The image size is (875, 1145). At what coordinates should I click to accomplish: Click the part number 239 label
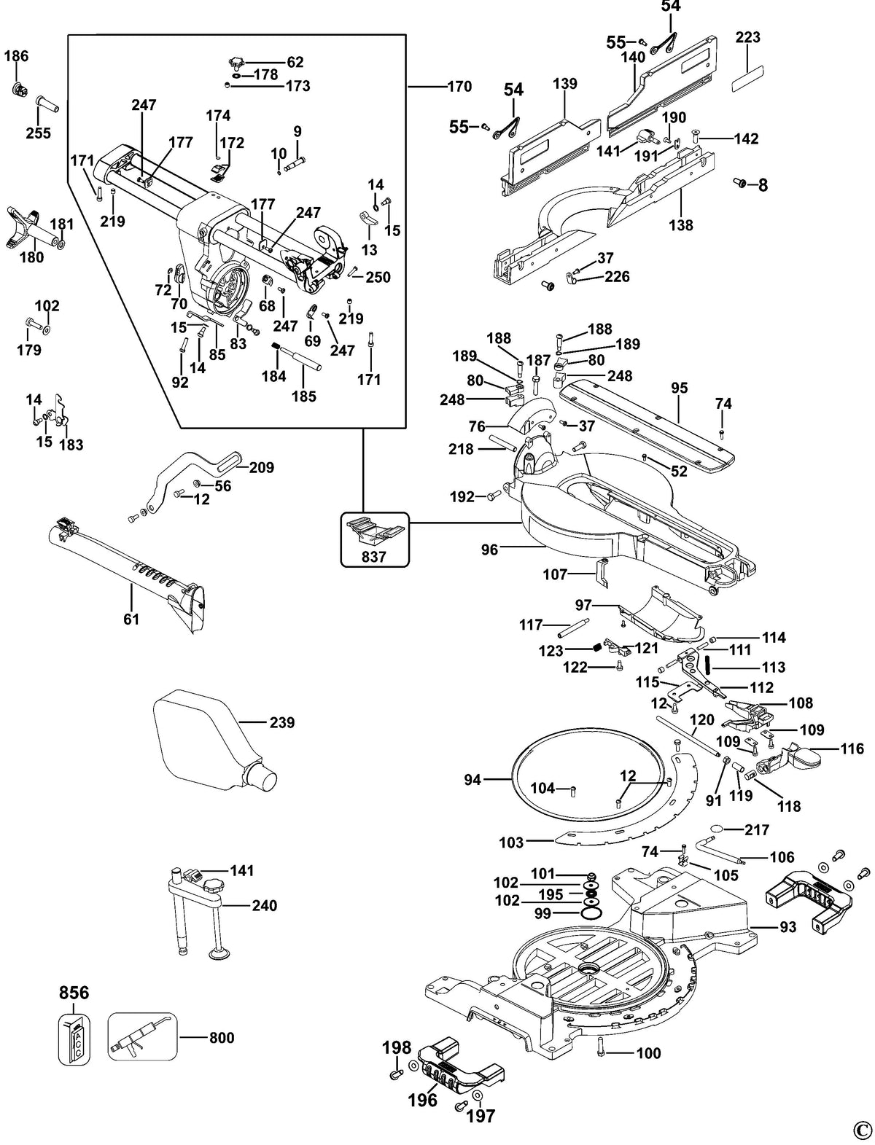[281, 722]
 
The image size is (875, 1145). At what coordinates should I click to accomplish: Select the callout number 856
[74, 993]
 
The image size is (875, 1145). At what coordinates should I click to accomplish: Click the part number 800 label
[222, 1038]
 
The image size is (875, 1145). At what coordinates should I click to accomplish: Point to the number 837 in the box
[373, 557]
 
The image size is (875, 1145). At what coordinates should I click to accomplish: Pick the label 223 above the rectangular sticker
[747, 38]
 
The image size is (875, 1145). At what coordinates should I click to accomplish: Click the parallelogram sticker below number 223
[747, 79]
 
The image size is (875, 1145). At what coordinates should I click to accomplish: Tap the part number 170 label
[459, 86]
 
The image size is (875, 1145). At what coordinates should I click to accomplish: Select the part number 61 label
[131, 619]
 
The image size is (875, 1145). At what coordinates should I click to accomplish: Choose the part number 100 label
[648, 1053]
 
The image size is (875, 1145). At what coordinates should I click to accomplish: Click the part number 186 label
[16, 56]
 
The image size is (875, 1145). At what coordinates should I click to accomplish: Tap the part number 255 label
[39, 133]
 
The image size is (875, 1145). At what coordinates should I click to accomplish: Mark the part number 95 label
[680, 388]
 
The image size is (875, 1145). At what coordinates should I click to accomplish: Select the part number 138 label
[681, 224]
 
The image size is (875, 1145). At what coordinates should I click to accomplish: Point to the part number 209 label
[261, 467]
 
